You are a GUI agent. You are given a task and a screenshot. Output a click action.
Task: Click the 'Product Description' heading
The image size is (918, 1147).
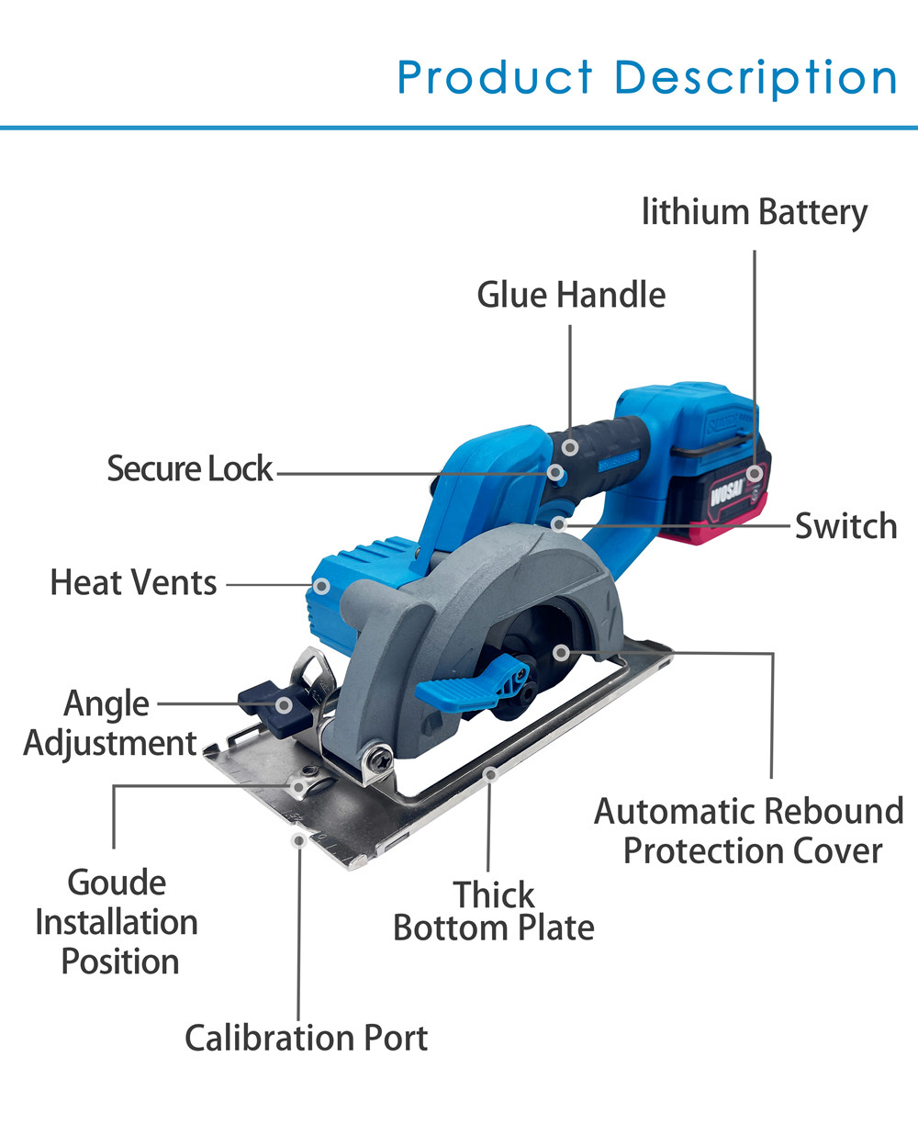click(x=647, y=77)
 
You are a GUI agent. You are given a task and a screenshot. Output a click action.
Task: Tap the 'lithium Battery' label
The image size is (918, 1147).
click(x=754, y=212)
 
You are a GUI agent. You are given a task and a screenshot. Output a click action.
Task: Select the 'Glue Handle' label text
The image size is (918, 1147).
click(x=571, y=295)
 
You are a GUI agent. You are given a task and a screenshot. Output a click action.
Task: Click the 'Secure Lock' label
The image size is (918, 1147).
click(x=190, y=468)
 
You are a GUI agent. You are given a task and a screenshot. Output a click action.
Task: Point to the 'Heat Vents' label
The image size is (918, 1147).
click(x=134, y=582)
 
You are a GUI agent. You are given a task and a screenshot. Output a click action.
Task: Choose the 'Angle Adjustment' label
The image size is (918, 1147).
click(x=109, y=723)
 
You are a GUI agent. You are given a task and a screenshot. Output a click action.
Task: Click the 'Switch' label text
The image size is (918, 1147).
click(x=845, y=526)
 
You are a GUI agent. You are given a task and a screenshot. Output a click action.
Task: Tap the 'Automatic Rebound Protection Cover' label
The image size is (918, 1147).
click(x=749, y=831)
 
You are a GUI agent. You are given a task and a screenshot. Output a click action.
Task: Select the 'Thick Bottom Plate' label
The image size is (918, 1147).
click(x=494, y=911)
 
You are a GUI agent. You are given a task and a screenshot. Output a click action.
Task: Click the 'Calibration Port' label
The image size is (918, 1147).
click(x=307, y=1038)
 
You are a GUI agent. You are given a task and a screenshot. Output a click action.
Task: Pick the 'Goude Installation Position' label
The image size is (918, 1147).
click(x=117, y=922)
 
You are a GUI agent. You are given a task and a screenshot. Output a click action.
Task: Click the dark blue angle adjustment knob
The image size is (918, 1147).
click(x=266, y=703)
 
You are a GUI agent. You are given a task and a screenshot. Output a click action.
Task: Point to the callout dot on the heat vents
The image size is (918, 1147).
click(x=321, y=584)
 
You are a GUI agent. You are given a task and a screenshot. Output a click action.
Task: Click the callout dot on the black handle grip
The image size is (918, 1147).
click(x=570, y=448)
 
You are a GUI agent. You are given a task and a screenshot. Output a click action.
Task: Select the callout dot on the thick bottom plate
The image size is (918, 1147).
click(x=491, y=775)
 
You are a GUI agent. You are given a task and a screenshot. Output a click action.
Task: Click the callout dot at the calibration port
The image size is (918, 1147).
click(x=297, y=839)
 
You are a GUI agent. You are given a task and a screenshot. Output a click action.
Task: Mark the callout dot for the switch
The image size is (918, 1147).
click(x=559, y=523)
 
